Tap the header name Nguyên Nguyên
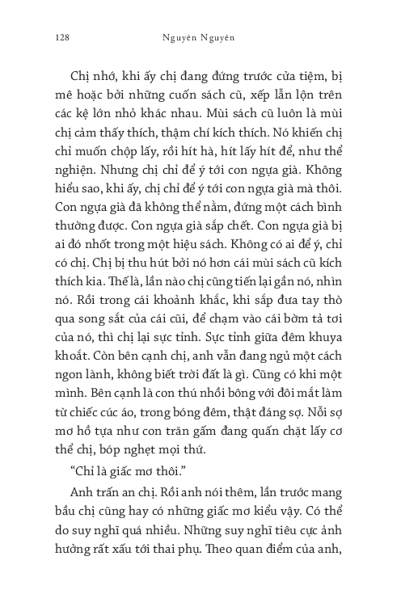[197, 36]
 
